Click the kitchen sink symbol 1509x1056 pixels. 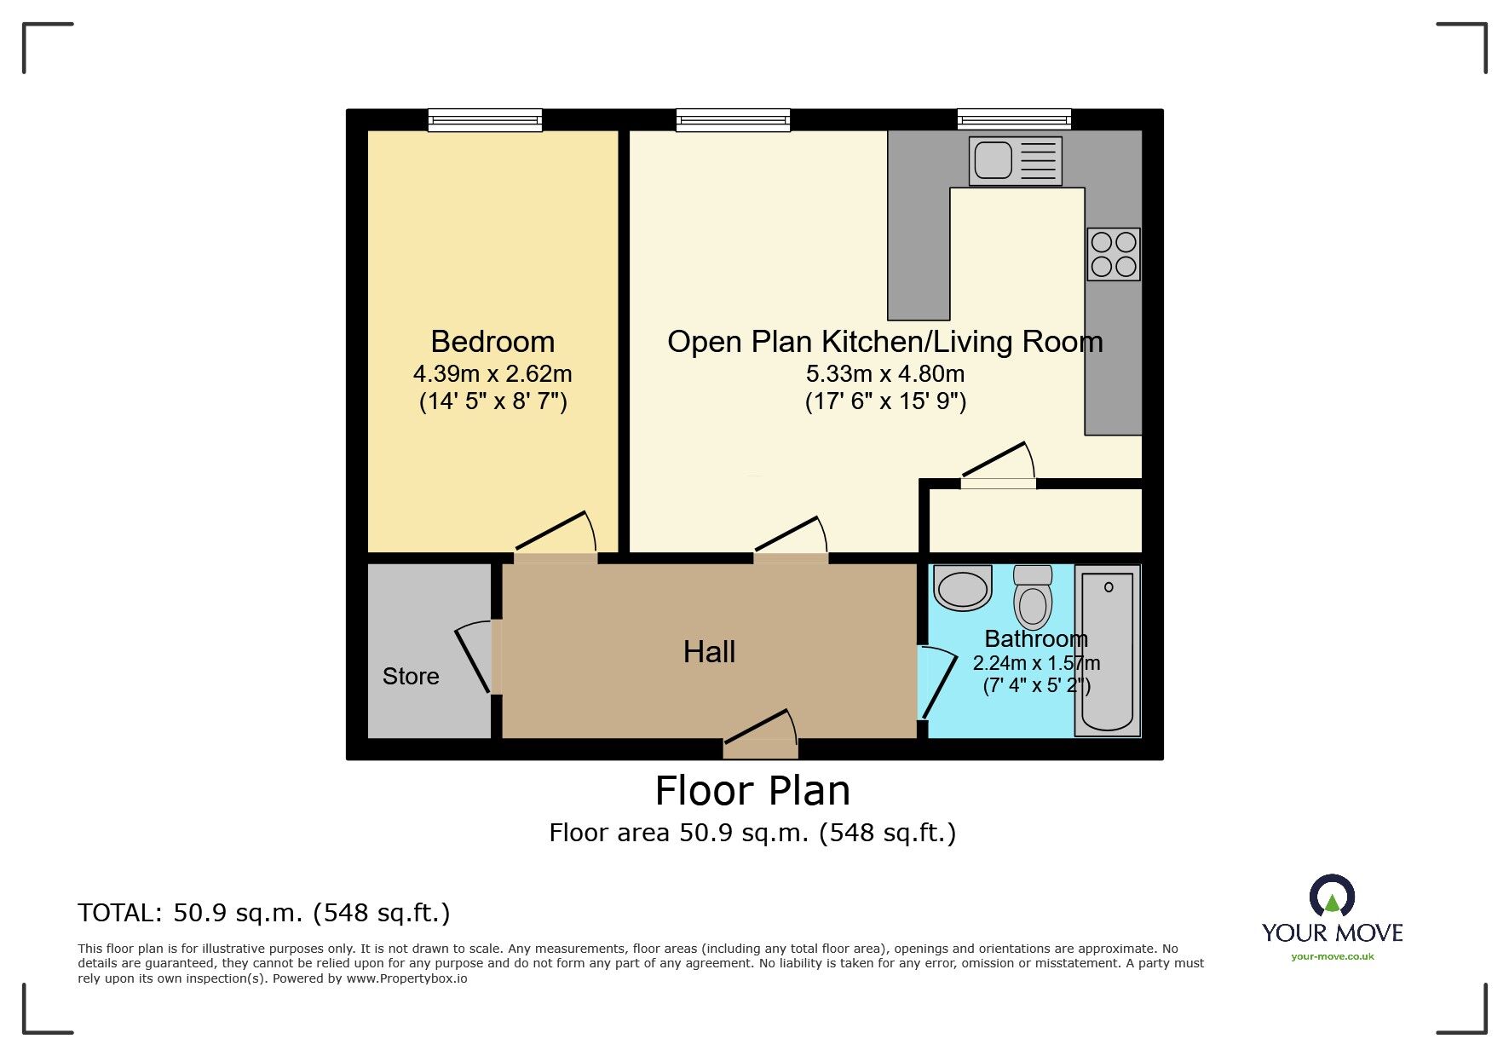point(1015,160)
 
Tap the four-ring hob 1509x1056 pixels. point(1113,254)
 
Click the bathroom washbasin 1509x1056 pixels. point(963,588)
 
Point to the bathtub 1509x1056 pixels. point(1108,651)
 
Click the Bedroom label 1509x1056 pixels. point(492,342)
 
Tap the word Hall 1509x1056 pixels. point(709,652)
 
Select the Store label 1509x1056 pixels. point(411,676)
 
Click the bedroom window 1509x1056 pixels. point(485,120)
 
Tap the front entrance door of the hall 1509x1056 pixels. point(761,733)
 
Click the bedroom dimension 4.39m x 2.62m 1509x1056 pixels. point(492,373)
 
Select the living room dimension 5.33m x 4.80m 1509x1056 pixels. point(885,373)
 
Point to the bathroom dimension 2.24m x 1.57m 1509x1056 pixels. point(1036,663)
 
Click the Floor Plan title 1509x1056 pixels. point(752,790)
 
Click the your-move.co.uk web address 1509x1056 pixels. point(1332,956)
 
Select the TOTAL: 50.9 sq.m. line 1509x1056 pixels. point(264,913)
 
